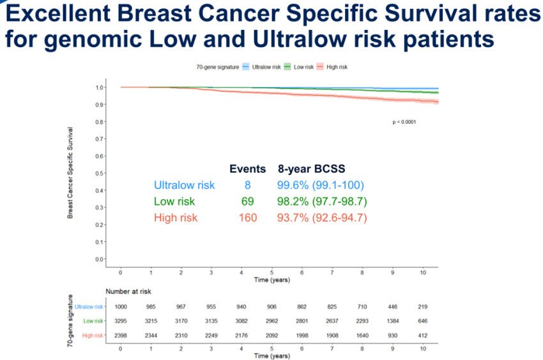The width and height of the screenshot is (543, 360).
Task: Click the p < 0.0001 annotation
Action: point(404,121)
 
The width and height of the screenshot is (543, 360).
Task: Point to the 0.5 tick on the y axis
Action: point(100,173)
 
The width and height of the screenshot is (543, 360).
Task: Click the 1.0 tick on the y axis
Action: point(100,87)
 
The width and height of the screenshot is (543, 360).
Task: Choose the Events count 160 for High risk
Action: point(247,218)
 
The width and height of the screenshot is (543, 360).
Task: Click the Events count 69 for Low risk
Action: point(247,202)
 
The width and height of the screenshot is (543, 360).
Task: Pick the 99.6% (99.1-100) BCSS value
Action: point(320,186)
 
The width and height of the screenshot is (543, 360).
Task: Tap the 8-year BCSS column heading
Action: point(311,169)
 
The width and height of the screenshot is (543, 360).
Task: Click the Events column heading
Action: point(247,169)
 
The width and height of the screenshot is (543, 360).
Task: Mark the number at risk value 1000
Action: point(121,306)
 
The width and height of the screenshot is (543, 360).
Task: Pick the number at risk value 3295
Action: point(121,321)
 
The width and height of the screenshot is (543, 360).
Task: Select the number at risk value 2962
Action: point(271,321)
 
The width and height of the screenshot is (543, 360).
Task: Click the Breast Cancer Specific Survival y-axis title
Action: point(70,173)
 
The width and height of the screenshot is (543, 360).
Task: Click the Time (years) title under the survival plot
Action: point(272,280)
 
